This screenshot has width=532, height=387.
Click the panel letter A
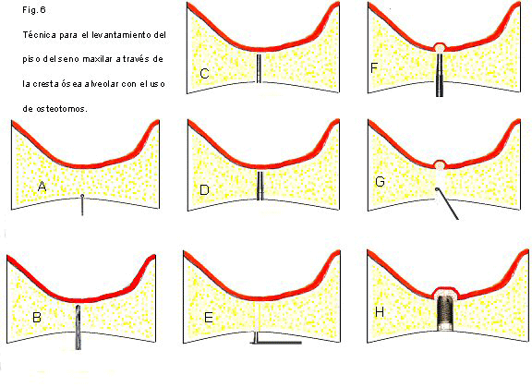42,187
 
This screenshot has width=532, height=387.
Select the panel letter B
37,317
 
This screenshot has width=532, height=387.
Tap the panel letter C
204,73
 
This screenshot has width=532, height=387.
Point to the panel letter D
204,189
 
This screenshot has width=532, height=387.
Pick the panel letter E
209,318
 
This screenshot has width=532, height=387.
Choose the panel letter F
374,67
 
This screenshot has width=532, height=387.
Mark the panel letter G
380,182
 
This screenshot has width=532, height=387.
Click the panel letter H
380,312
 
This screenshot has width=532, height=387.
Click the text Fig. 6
34,10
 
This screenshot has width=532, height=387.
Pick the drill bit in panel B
79,327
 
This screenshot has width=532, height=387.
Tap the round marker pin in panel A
82,205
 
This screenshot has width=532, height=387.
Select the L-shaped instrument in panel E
275,340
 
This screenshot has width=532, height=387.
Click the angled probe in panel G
447,204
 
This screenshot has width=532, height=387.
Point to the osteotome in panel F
440,74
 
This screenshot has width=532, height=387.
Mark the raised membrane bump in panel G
440,164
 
